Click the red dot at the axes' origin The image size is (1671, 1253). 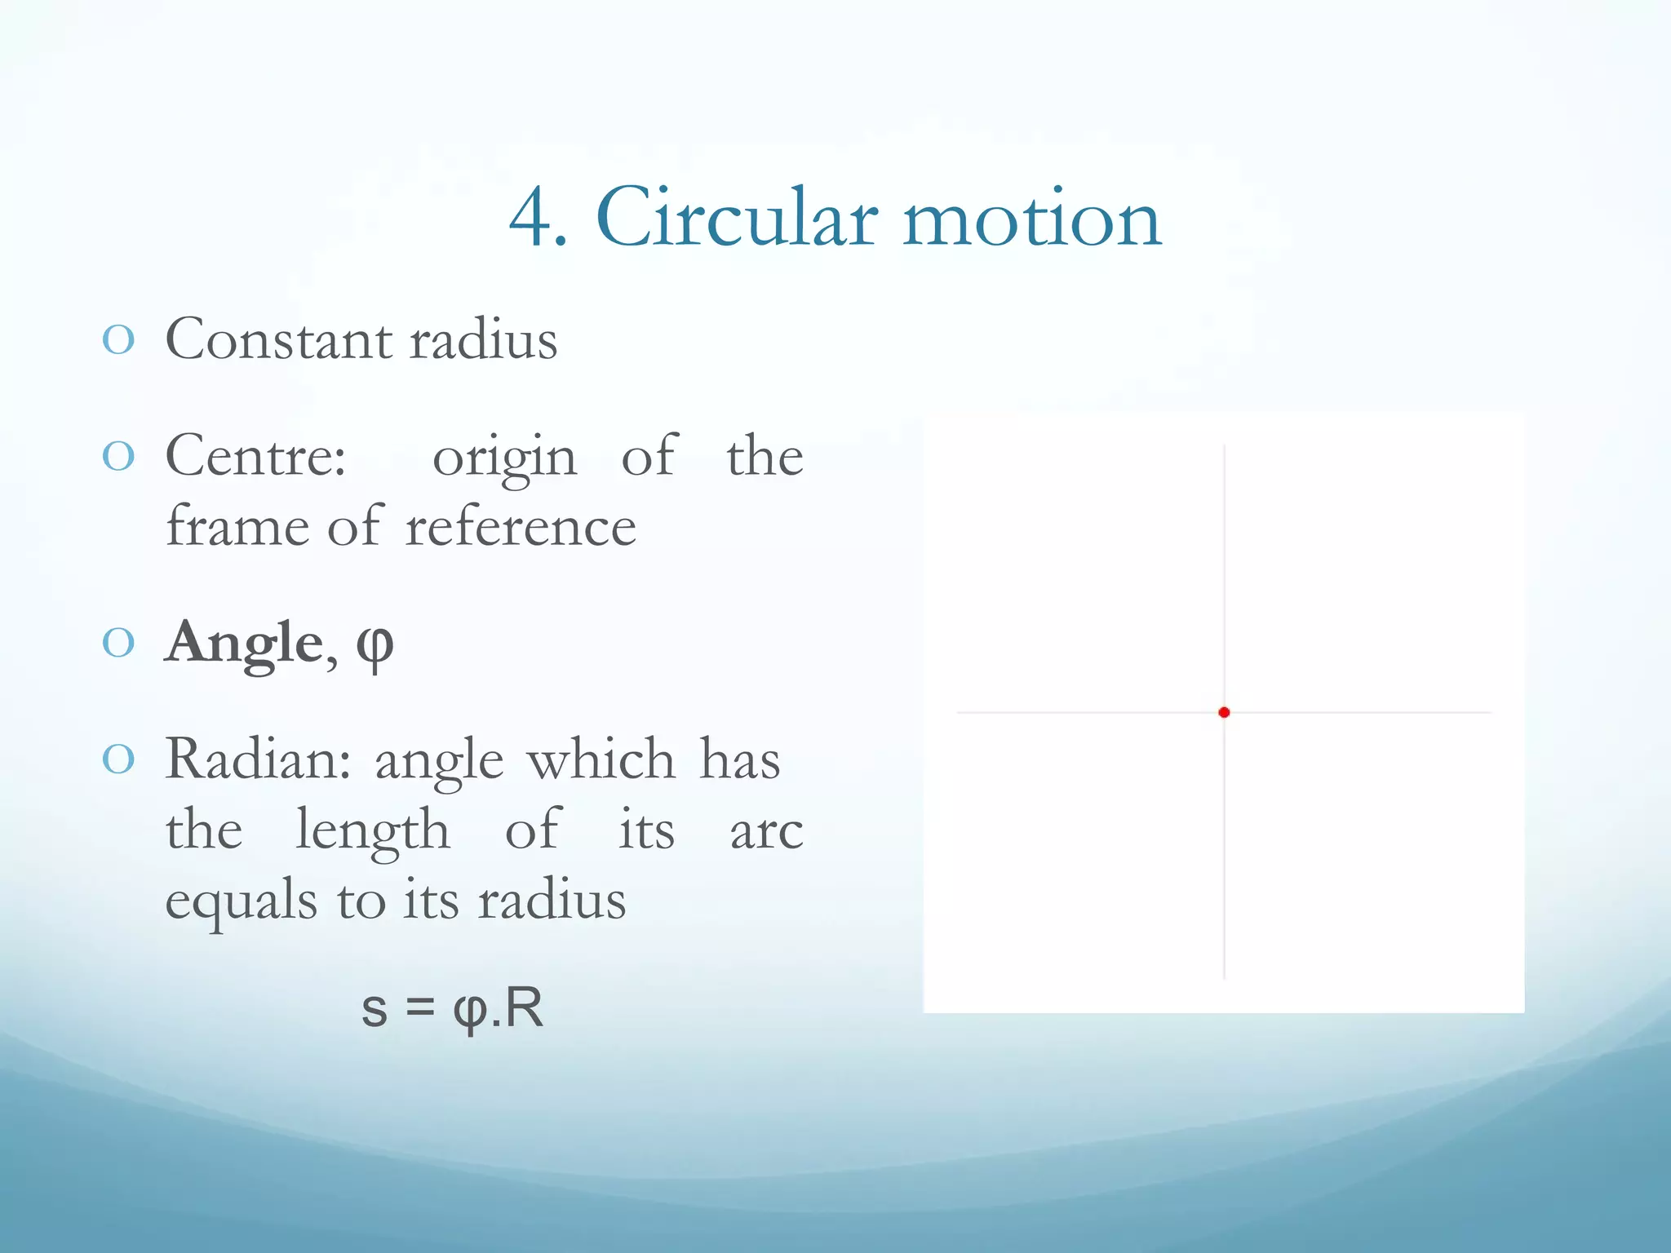pos(1224,712)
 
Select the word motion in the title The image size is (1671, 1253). pos(1031,217)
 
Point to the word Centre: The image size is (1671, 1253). pos(255,455)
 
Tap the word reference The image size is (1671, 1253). pos(521,526)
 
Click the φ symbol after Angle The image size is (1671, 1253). pos(375,646)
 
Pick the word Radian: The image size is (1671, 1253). pos(258,759)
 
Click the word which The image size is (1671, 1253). pos(601,759)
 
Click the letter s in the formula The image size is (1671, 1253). pos(374,1009)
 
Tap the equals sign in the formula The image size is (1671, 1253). pos(419,1008)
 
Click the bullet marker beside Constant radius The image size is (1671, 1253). pos(118,339)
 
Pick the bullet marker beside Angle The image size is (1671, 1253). pos(118,644)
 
